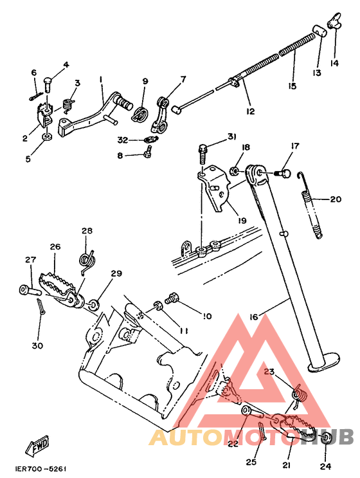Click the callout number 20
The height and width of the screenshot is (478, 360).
click(x=335, y=199)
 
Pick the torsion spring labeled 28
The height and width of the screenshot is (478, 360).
click(x=86, y=257)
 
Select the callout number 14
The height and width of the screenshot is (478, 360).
click(x=334, y=63)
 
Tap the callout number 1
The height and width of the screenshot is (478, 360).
click(x=101, y=80)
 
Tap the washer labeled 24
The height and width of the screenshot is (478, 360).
click(x=326, y=438)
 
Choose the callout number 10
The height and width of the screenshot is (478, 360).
click(x=207, y=317)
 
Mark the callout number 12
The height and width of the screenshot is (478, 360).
click(x=251, y=111)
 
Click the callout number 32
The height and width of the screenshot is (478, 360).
click(x=123, y=139)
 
